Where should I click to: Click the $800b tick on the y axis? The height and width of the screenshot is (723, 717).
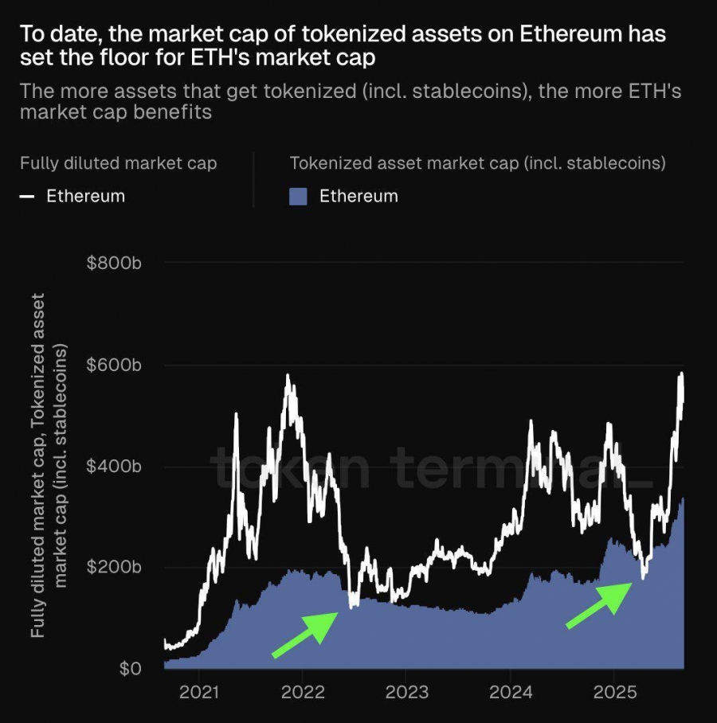[x=114, y=263]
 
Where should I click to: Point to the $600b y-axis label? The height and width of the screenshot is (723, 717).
[x=114, y=365]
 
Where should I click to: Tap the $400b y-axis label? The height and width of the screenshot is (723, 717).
[x=114, y=466]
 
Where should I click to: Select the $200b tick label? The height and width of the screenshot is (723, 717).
[x=114, y=567]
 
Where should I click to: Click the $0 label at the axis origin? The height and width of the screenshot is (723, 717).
[x=130, y=668]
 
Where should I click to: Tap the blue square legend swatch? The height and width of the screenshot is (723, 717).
[x=298, y=196]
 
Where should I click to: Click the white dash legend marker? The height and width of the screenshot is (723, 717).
[x=27, y=196]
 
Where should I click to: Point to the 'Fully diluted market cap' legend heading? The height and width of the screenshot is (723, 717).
[x=118, y=163]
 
